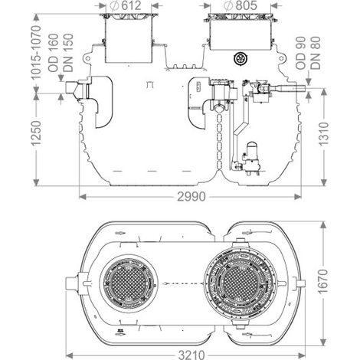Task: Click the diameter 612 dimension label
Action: [x=126, y=5]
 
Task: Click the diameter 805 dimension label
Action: [x=241, y=5]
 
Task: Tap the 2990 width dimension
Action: [x=191, y=197]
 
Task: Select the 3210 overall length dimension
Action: [x=191, y=355]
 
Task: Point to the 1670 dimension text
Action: [x=323, y=281]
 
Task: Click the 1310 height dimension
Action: [x=324, y=134]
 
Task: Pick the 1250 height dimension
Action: [x=36, y=133]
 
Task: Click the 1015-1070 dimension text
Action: [x=36, y=52]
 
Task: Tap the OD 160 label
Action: [x=54, y=53]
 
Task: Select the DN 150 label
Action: [x=68, y=53]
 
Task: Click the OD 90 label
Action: [x=301, y=54]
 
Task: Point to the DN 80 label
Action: [x=316, y=54]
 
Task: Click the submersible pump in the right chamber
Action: [x=250, y=159]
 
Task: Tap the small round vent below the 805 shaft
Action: [x=241, y=58]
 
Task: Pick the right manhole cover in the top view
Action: [x=240, y=283]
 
